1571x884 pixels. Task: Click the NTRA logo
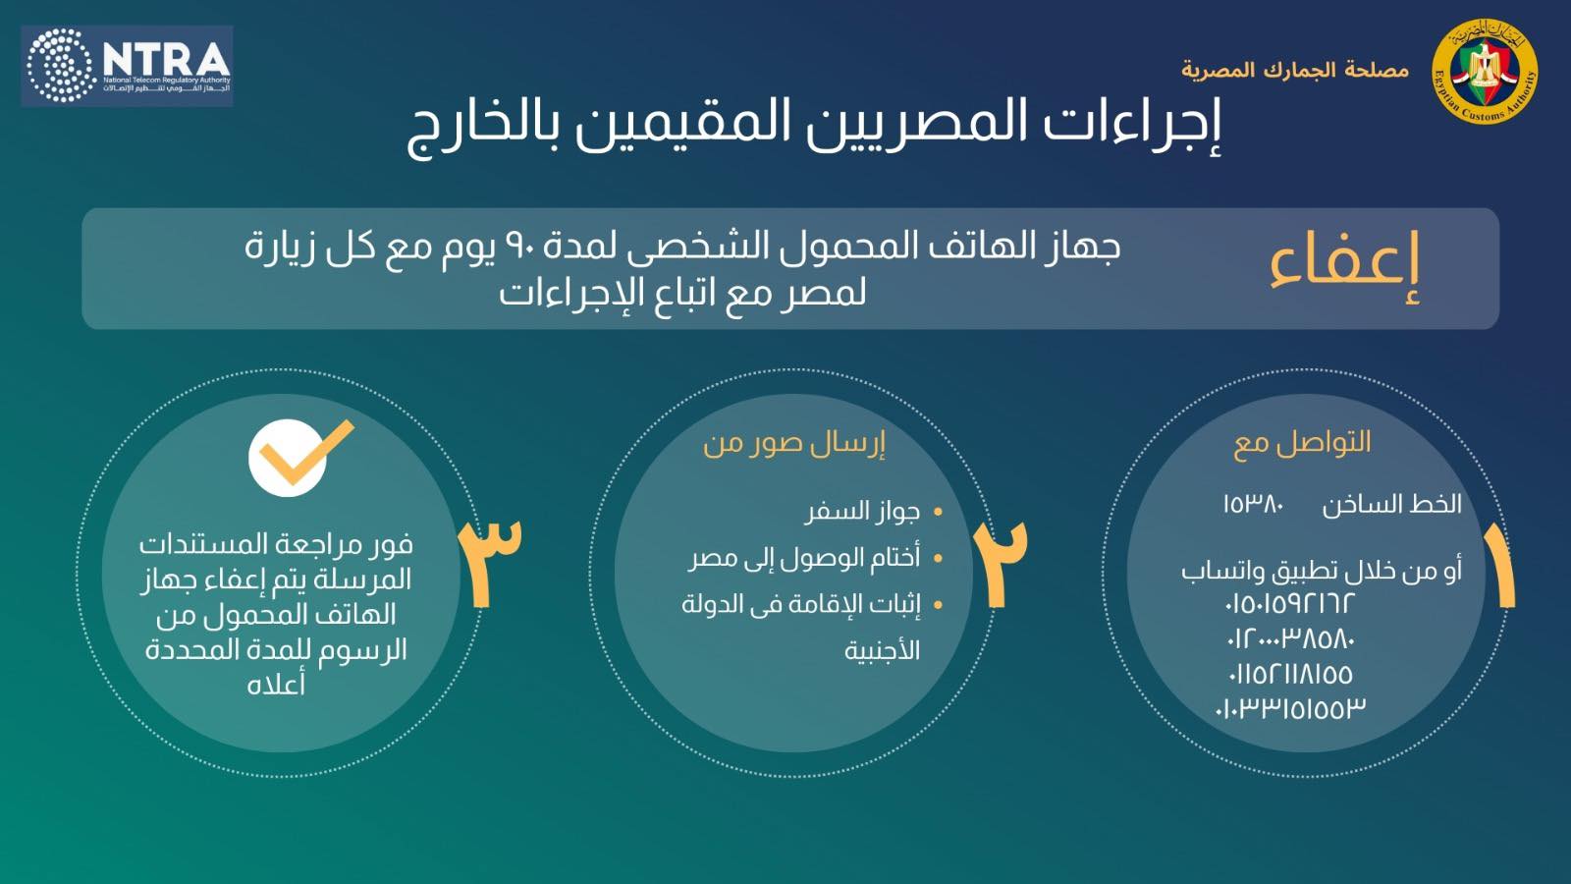pyautogui.click(x=127, y=66)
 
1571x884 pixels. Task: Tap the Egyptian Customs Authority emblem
pyautogui.click(x=1485, y=72)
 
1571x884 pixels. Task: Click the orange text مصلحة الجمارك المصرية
pyautogui.click(x=1294, y=71)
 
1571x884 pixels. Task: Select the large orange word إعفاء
pyautogui.click(x=1344, y=265)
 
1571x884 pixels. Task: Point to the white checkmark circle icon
pyautogui.click(x=288, y=458)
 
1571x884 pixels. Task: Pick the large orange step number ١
pyautogui.click(x=1500, y=567)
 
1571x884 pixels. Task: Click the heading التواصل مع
pyautogui.click(x=1302, y=443)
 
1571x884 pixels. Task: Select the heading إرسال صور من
pyautogui.click(x=793, y=443)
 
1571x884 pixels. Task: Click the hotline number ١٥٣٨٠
pyautogui.click(x=1253, y=505)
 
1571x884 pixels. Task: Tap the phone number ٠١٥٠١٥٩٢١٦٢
pyautogui.click(x=1289, y=603)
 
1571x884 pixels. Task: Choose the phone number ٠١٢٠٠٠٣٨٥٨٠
pyautogui.click(x=1290, y=638)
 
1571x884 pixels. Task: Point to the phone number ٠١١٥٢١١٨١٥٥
pyautogui.click(x=1290, y=674)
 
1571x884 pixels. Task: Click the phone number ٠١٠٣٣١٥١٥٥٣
pyautogui.click(x=1290, y=708)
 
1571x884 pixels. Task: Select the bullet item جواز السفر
pyautogui.click(x=862, y=512)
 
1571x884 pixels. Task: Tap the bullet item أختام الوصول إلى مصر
pyautogui.click(x=805, y=558)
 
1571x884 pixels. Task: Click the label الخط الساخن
pyautogui.click(x=1391, y=505)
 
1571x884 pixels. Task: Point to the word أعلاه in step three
pyautogui.click(x=276, y=685)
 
